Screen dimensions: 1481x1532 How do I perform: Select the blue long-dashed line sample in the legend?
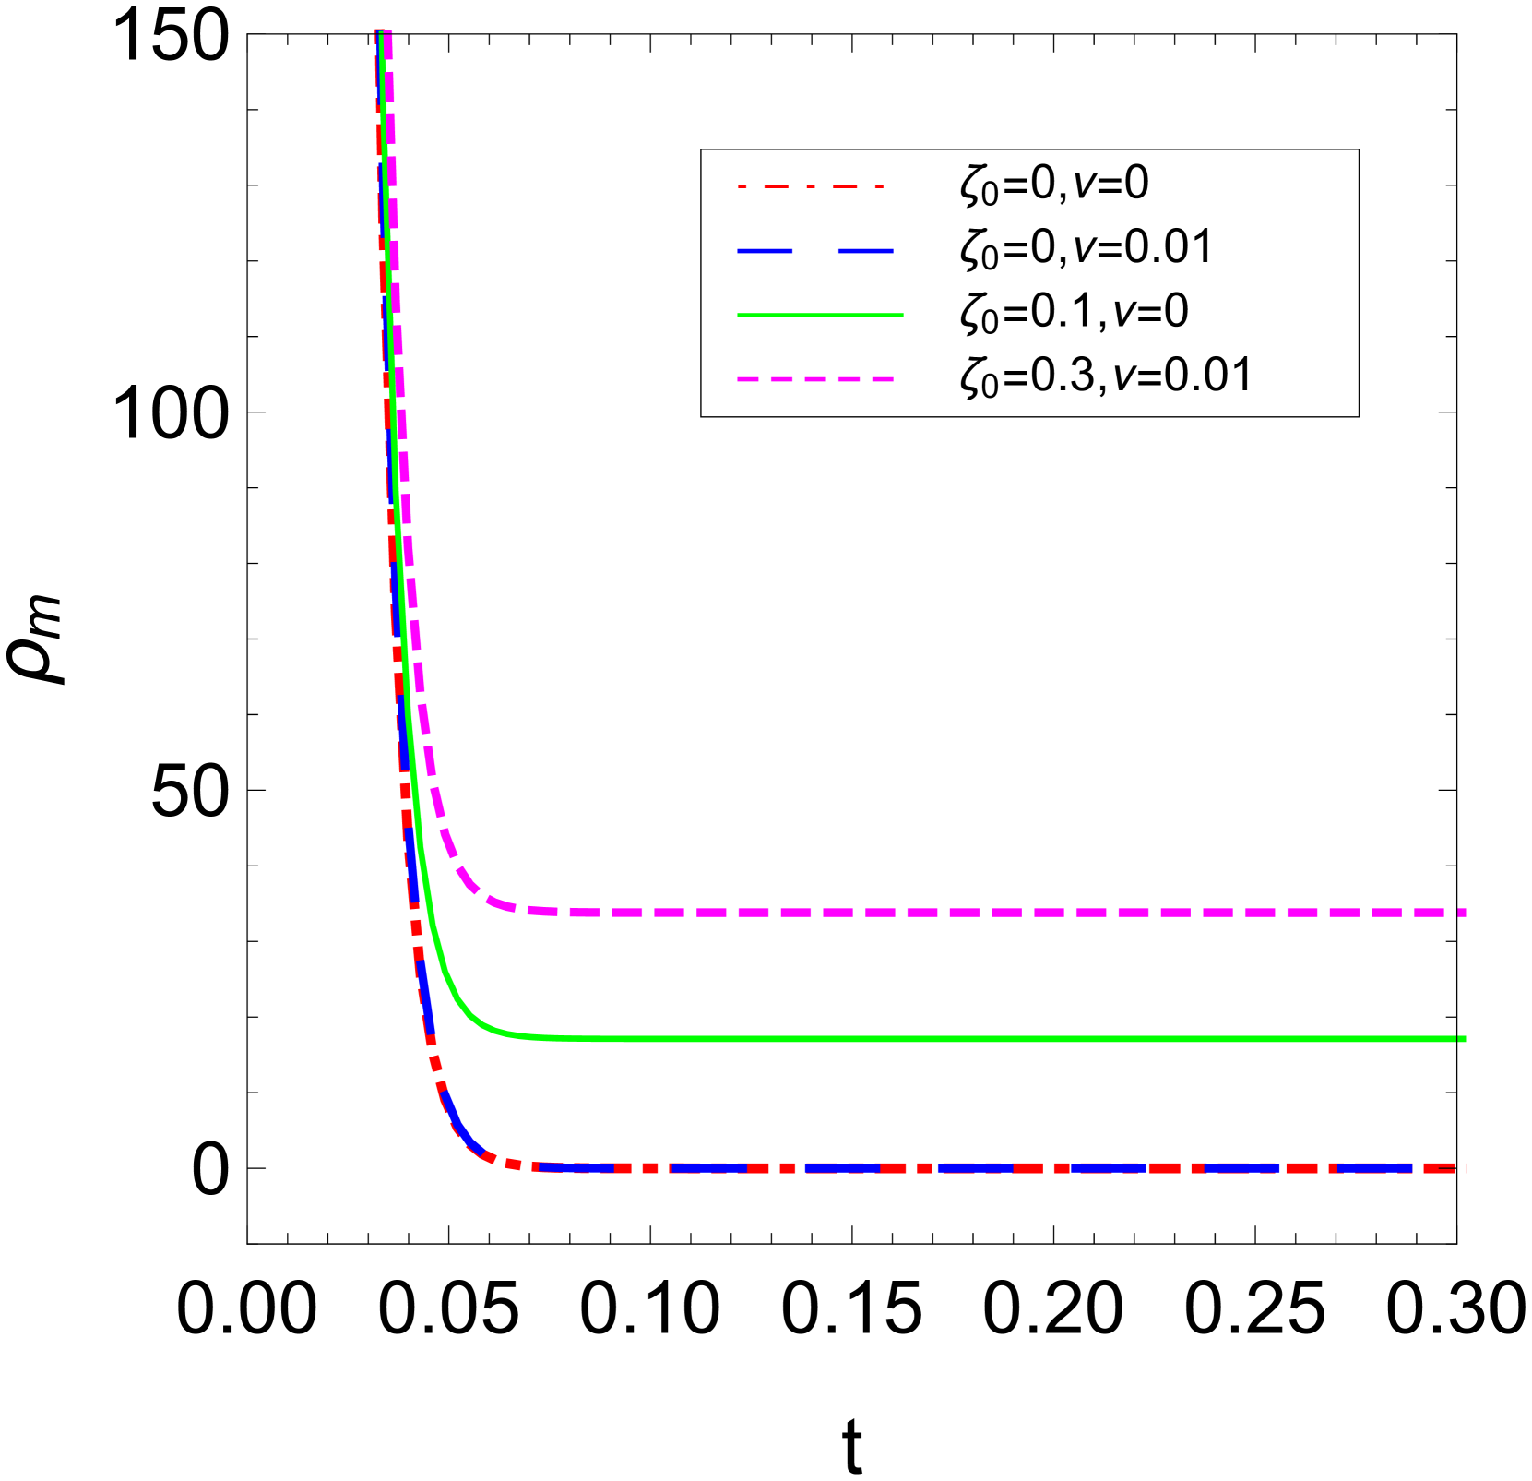[815, 250]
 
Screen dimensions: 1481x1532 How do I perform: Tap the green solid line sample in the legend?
[820, 315]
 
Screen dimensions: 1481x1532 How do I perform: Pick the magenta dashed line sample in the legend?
[815, 378]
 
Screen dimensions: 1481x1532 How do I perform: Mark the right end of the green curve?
[1463, 1039]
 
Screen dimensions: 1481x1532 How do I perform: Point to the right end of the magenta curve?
[1461, 912]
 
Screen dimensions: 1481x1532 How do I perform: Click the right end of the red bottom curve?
[1461, 1168]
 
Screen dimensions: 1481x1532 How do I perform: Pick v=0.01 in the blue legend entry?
[1144, 247]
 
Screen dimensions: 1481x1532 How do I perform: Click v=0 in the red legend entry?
[1111, 184]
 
